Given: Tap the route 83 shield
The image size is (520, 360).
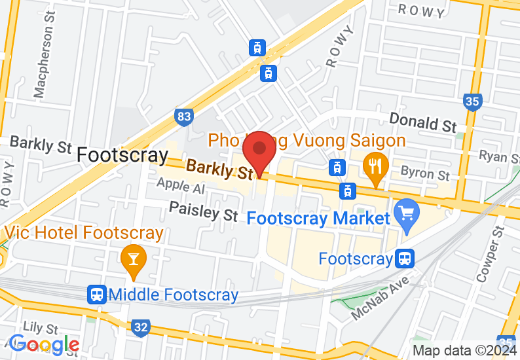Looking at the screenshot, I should click(185, 117).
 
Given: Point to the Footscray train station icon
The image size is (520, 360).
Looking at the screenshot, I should click(405, 259).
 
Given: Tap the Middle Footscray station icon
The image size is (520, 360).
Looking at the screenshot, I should click(98, 295).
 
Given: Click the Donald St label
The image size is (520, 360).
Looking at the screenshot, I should click(422, 122).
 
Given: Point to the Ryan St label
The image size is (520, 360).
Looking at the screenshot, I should click(498, 156).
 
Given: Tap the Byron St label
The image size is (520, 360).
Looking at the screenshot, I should click(425, 173).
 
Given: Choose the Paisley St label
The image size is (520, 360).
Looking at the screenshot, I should click(203, 211).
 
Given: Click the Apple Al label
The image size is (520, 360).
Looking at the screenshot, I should click(180, 188).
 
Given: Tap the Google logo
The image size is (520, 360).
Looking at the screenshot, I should click(45, 344).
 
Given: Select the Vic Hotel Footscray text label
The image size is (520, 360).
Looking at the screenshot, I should click(84, 232).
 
